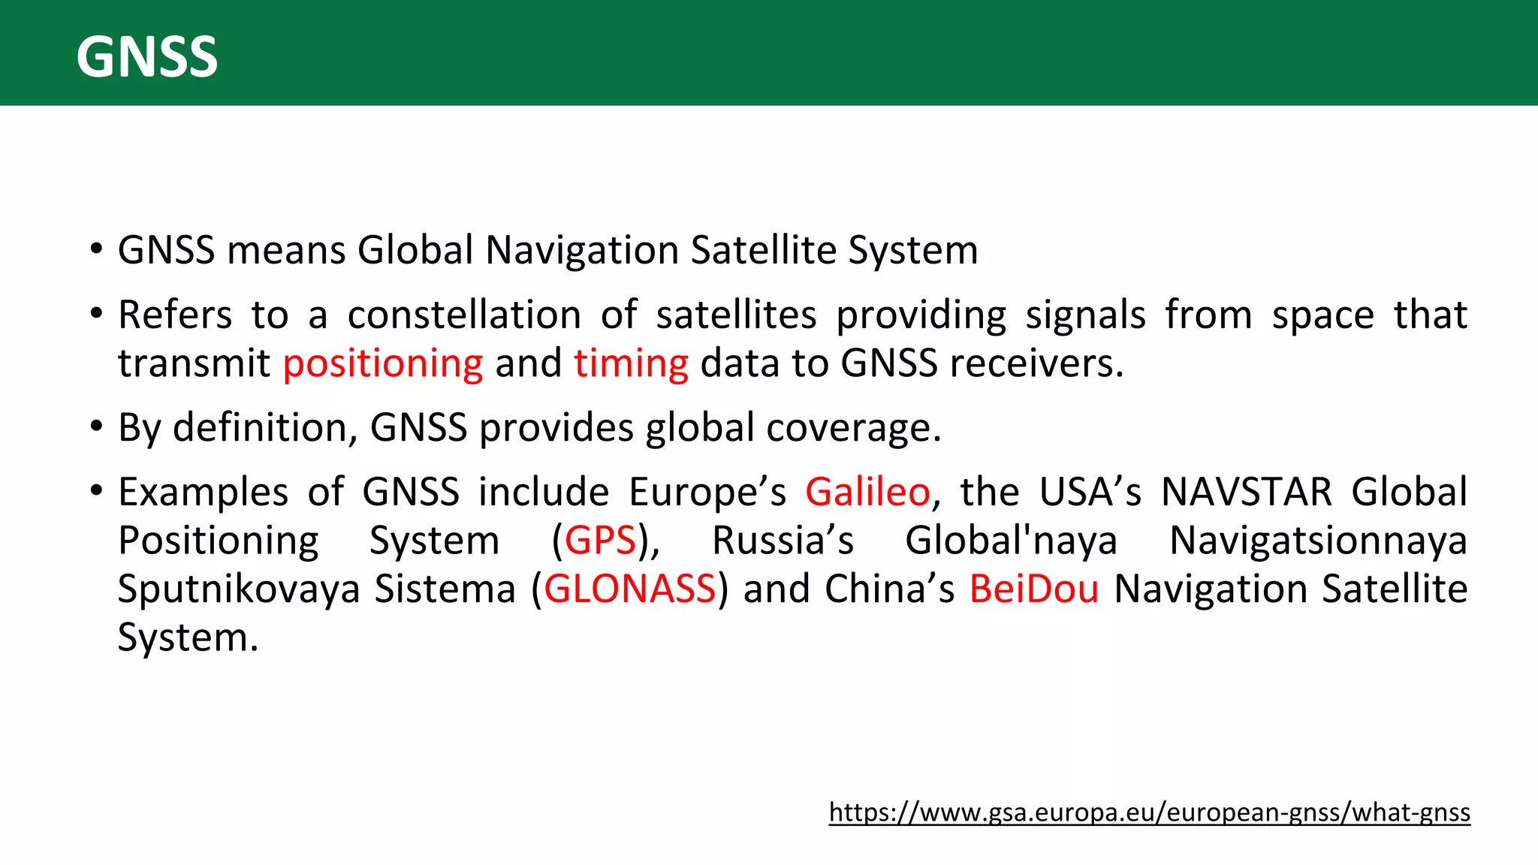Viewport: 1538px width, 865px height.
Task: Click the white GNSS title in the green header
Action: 147,57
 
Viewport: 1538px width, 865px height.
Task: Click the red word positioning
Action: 383,364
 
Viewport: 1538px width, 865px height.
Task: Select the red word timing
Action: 631,364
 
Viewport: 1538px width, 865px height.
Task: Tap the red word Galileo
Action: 867,493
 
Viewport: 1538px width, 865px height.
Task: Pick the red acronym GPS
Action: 600,541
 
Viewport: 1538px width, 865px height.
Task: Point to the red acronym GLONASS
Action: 629,589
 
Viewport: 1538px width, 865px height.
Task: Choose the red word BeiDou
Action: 1034,589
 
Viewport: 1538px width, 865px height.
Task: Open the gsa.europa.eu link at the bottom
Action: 1149,812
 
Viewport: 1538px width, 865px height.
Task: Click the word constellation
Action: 464,315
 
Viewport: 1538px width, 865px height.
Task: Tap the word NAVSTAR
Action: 1246,493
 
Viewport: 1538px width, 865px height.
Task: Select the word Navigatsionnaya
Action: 1318,541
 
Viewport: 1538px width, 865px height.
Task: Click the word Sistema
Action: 445,589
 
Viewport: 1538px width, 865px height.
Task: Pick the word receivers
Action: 1036,364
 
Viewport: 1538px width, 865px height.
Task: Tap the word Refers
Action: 175,315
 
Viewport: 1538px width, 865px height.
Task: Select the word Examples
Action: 203,493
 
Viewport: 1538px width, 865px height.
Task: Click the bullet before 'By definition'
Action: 95,426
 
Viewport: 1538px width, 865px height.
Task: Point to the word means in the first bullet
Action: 286,251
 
